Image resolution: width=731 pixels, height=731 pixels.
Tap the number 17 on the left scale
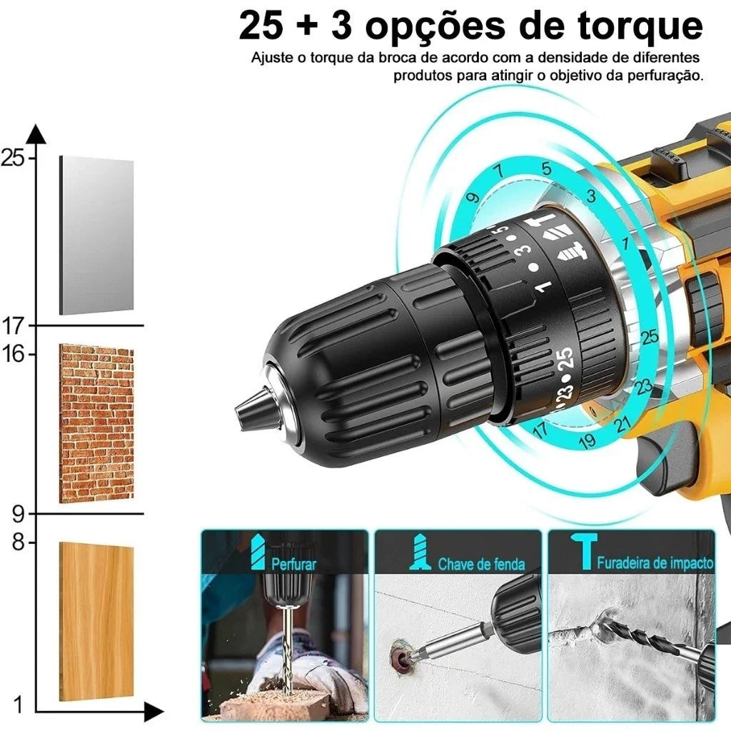(13, 326)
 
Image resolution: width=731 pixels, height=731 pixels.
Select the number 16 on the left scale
(13, 354)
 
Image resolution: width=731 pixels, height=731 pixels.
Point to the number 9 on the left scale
(18, 513)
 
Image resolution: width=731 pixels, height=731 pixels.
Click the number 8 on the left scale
(18, 543)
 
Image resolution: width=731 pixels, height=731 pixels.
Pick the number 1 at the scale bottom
(19, 705)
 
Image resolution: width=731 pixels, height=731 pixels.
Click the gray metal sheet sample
(96, 236)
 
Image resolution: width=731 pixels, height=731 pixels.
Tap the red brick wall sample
(96, 423)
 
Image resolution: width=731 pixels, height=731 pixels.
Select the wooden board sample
(96, 620)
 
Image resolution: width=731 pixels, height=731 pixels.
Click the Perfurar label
(293, 564)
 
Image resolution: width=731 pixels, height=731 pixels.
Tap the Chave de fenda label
(481, 565)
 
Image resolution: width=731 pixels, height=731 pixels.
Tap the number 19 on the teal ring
(587, 440)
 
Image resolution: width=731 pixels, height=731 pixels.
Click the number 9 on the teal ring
(473, 198)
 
